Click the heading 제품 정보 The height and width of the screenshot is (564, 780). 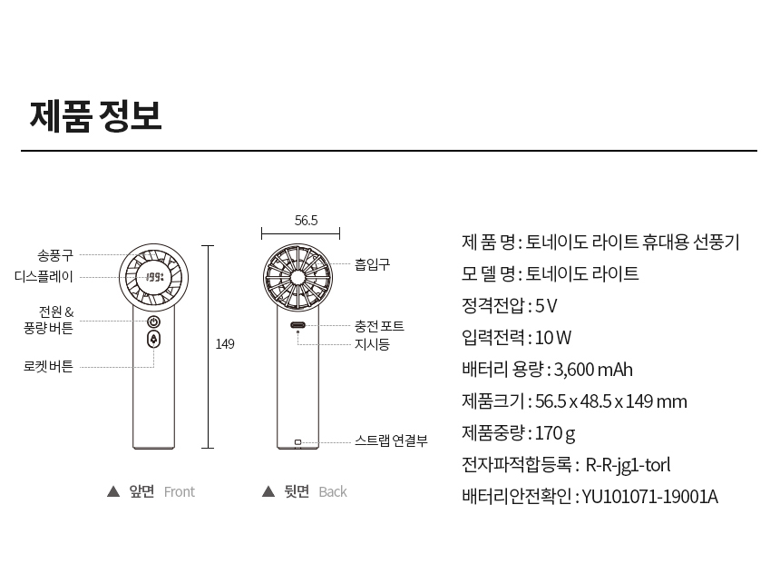(95, 116)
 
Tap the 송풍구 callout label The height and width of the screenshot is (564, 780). (55, 255)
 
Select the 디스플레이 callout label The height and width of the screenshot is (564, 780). (44, 276)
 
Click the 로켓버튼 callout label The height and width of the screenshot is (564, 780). (48, 366)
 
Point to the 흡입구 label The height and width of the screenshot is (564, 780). (372, 264)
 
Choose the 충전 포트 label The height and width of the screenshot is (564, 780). (379, 326)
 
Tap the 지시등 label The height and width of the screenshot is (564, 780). (372, 344)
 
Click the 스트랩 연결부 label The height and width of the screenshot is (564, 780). (391, 440)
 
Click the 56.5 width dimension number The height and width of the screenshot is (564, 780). (306, 220)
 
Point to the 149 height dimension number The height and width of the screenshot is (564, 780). (225, 344)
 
